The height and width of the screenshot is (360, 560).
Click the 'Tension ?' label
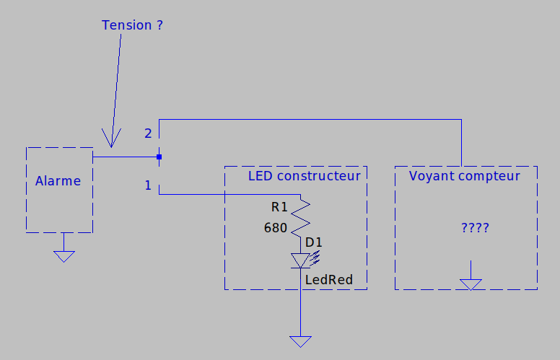coord(132,25)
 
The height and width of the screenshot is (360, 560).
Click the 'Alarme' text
coord(58,181)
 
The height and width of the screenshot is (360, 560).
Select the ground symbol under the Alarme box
coord(64,255)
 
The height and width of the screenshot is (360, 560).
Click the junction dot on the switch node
coord(159,157)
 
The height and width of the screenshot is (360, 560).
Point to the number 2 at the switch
coord(148,133)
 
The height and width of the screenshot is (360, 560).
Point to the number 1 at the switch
coord(148,185)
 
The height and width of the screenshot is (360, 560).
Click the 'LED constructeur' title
coord(304,176)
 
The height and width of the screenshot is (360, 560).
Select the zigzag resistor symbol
coord(300,216)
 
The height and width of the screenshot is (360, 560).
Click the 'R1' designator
coord(279,207)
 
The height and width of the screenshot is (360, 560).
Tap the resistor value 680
coord(276,229)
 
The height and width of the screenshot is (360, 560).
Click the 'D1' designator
coord(314,242)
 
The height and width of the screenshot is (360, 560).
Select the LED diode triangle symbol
coord(300,260)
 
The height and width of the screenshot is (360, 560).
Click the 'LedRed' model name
coord(328,279)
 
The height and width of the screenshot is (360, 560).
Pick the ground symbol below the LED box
coord(300,341)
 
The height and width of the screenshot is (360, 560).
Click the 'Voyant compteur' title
coord(464,176)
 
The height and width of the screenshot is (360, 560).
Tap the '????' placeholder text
coord(475,228)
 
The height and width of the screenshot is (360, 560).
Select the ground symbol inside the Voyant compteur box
coord(471,284)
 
